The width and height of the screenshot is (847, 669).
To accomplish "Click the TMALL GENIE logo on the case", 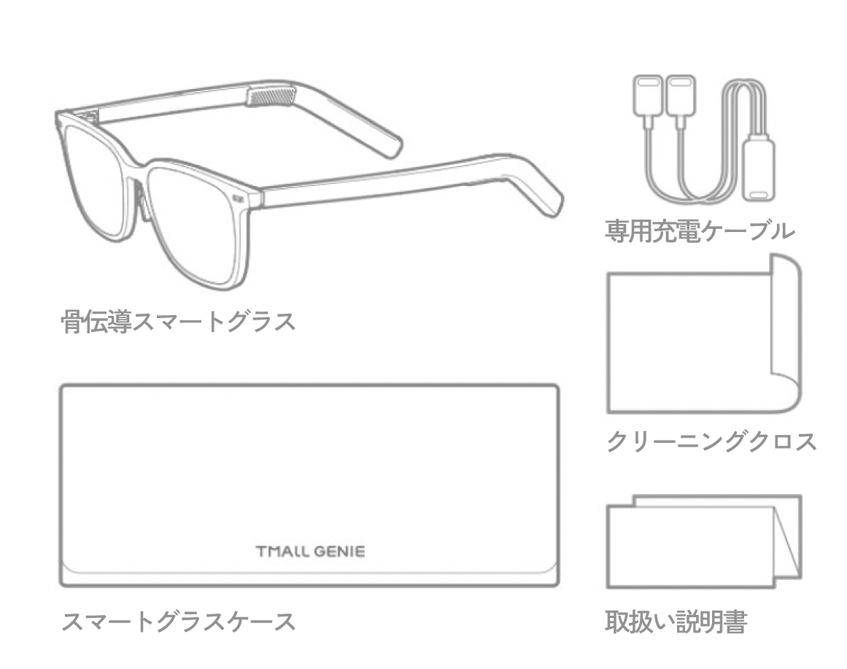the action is tap(310, 552).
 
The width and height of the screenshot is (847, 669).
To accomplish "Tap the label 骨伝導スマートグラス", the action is tap(178, 322).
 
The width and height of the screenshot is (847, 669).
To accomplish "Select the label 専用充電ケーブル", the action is tap(700, 231).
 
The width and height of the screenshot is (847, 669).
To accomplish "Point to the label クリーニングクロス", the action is tap(711, 441).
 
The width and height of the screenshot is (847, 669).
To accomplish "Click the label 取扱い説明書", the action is tap(676, 622).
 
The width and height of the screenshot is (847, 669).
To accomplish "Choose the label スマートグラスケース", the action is tap(178, 622).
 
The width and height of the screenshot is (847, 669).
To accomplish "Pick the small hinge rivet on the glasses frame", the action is tap(238, 199).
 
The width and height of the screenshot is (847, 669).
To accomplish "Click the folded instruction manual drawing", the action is tap(704, 541).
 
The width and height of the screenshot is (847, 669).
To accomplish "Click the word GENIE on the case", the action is tap(340, 552).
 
